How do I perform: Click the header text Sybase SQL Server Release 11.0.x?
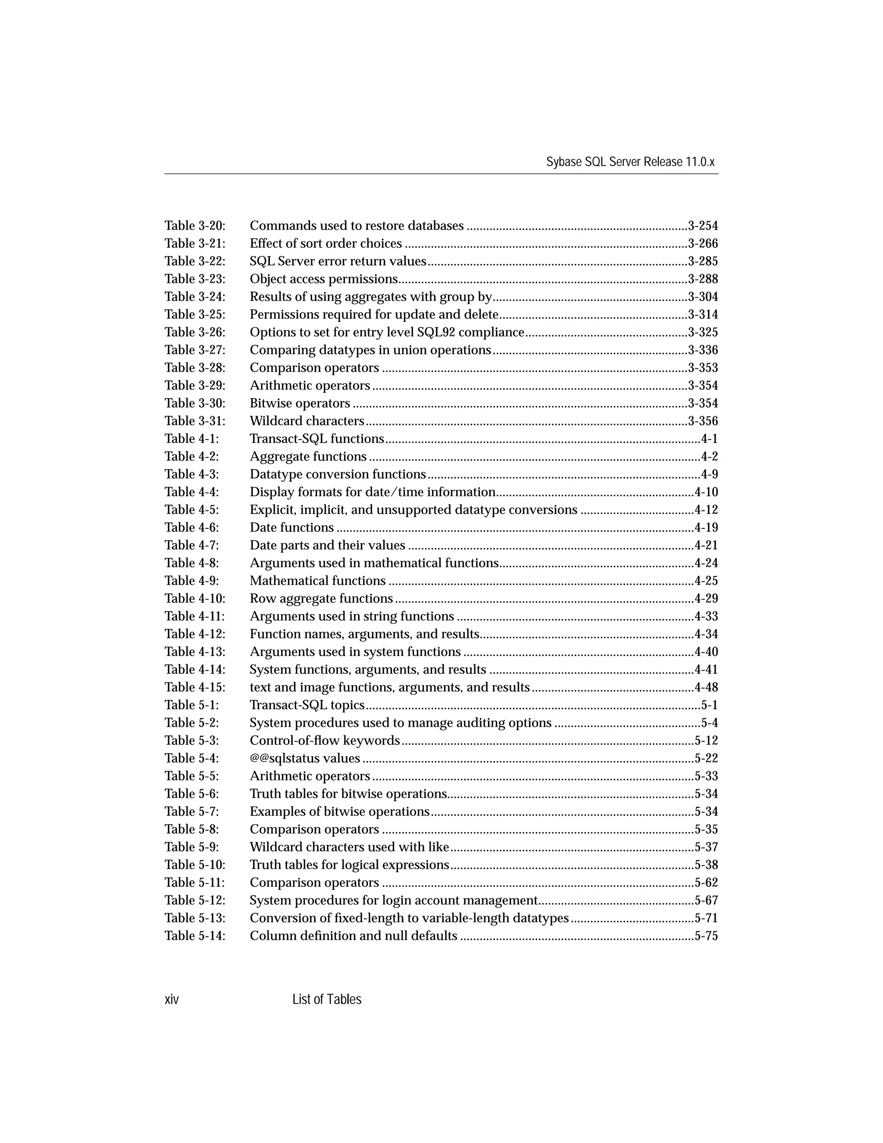click(x=630, y=162)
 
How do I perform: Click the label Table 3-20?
click(x=194, y=226)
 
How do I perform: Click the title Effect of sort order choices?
click(x=326, y=243)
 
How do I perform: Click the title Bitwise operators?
click(x=300, y=404)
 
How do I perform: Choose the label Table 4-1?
click(x=191, y=439)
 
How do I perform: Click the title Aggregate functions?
click(x=308, y=456)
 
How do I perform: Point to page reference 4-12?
click(x=706, y=510)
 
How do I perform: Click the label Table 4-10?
click(x=194, y=598)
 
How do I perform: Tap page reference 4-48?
click(x=706, y=687)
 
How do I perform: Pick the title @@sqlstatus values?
click(x=304, y=758)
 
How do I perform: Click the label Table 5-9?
click(x=191, y=847)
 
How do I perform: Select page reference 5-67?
click(x=706, y=900)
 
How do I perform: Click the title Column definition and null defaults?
click(x=353, y=936)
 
